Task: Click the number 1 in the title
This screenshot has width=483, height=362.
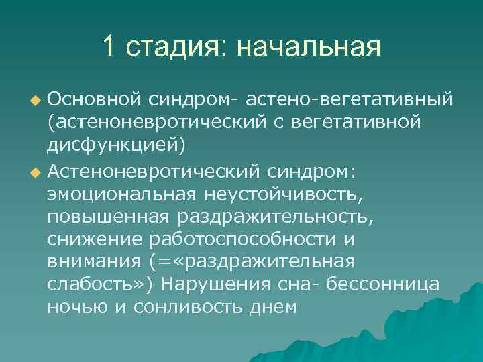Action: click(x=109, y=47)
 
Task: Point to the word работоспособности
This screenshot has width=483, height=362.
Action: click(x=244, y=239)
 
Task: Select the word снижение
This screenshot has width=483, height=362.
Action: click(x=88, y=239)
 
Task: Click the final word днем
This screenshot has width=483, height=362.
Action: click(x=271, y=308)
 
